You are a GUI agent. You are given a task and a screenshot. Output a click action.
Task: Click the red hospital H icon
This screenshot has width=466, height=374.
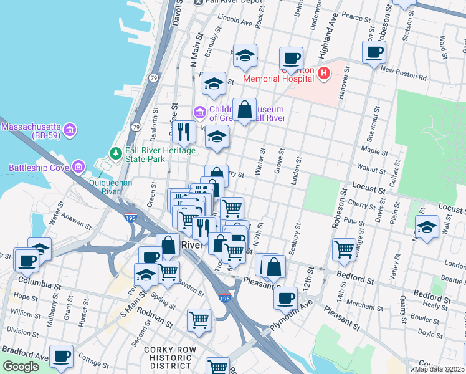(x=323, y=74)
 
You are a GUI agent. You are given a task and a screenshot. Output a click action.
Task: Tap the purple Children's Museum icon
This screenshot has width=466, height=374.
(x=199, y=113)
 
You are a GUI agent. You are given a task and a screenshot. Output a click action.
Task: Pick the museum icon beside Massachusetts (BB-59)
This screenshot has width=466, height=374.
(x=70, y=130)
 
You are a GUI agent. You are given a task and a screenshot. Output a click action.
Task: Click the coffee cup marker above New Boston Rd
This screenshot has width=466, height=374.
(x=374, y=52)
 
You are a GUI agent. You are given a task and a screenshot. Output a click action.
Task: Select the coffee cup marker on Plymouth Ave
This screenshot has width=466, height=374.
(x=286, y=297)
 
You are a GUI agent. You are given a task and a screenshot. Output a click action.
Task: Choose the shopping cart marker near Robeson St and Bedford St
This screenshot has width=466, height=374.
(x=344, y=249)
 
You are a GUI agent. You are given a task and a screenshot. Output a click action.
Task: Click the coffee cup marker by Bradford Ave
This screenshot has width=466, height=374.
(x=61, y=356)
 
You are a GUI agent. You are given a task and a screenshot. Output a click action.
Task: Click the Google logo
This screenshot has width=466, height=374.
(x=21, y=367)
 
